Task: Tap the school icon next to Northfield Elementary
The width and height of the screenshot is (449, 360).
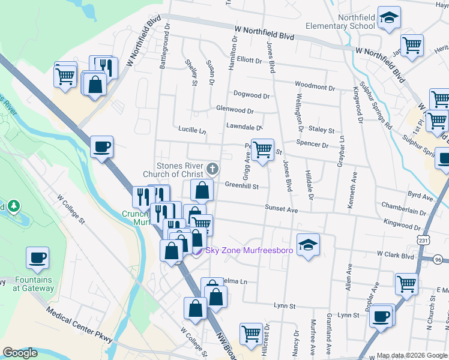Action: click(389, 20)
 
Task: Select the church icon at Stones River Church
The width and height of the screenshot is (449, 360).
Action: click(212, 169)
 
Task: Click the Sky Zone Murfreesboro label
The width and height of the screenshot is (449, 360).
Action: click(249, 250)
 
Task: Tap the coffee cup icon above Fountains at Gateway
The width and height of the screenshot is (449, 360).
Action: click(37, 258)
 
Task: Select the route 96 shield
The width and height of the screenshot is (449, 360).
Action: click(438, 259)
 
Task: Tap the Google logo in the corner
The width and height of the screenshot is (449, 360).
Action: click(20, 353)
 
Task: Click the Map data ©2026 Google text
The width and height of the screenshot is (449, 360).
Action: click(411, 355)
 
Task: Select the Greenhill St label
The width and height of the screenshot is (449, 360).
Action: click(241, 187)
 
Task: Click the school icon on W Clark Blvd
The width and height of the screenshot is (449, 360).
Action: click(308, 244)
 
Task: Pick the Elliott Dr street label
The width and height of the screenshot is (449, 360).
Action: click(250, 60)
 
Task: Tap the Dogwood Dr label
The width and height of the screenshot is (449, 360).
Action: click(251, 95)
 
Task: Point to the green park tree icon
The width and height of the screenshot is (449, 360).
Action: click(13, 206)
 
